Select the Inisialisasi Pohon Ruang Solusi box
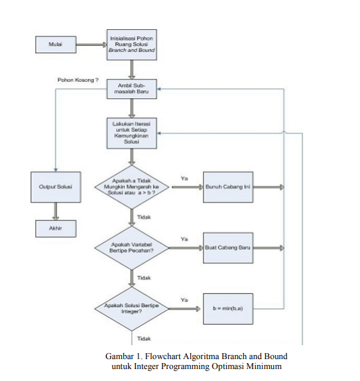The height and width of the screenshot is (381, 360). click(x=131, y=44)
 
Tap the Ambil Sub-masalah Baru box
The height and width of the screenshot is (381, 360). click(x=131, y=90)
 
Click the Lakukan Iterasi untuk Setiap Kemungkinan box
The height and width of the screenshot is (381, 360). click(x=131, y=133)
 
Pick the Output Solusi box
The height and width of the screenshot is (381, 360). click(x=55, y=188)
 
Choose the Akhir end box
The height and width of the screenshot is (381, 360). click(x=55, y=230)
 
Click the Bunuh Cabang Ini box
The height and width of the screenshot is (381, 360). click(x=227, y=188)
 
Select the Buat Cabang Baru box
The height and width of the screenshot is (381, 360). click(x=227, y=248)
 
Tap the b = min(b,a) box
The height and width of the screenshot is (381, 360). click(x=227, y=309)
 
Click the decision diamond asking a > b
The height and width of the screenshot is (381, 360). click(x=131, y=189)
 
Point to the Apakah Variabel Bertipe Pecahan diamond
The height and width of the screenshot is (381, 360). click(x=131, y=248)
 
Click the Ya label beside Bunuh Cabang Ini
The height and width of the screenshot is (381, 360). click(x=184, y=178)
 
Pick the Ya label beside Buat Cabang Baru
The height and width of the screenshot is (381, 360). click(x=184, y=238)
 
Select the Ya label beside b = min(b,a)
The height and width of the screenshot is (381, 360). click(x=184, y=299)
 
